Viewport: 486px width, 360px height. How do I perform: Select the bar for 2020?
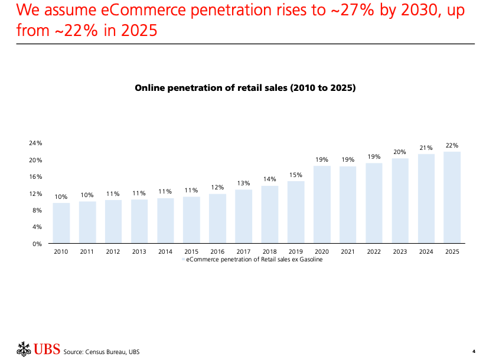coord(322,204)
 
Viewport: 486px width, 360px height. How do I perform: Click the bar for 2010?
coord(61,222)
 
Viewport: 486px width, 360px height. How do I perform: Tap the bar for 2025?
coord(452,197)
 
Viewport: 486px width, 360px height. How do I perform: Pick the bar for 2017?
coord(243,216)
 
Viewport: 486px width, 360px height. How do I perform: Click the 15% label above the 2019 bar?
coord(296,175)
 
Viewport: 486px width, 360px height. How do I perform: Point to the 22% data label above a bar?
coord(452,145)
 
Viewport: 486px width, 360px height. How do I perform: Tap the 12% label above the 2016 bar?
coord(217,187)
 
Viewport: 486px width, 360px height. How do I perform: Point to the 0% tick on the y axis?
coord(37,244)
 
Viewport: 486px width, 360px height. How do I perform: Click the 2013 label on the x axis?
coord(139,252)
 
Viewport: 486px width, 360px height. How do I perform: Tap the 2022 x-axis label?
coord(374,252)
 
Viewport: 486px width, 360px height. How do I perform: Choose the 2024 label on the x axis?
coord(426,252)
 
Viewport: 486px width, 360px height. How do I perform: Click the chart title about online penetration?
coord(245,88)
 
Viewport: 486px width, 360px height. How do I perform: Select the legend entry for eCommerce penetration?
coord(254,260)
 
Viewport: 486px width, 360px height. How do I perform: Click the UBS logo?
coord(38,349)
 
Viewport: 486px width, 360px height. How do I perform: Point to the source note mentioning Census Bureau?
coord(102,352)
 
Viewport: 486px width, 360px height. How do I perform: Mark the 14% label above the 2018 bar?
coord(270,179)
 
